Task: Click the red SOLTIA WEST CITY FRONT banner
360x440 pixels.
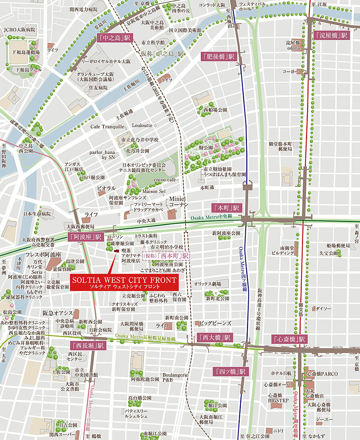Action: pos(124,283)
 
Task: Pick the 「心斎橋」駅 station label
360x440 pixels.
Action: pos(290,339)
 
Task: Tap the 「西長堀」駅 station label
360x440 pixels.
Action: pos(87,345)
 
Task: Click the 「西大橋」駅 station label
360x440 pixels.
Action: pos(215,337)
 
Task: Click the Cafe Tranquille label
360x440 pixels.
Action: pos(107,127)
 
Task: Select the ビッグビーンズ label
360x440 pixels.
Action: pos(216,323)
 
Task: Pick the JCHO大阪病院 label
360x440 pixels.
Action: pos(20,30)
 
